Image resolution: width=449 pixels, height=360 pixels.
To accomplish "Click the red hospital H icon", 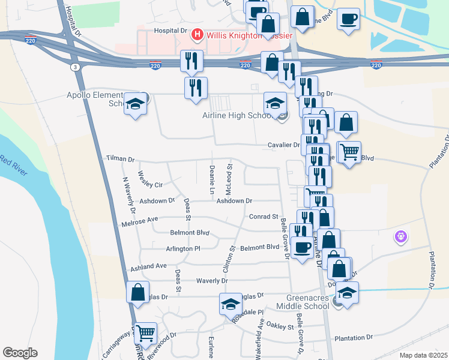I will pos(196,35).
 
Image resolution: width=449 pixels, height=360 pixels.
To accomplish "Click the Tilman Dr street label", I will pos(120,159).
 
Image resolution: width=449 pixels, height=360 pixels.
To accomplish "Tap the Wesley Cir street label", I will pos(150,179).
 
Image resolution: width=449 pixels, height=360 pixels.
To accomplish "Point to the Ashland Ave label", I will pos(152,266).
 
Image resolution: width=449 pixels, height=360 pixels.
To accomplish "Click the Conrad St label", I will pos(264,217).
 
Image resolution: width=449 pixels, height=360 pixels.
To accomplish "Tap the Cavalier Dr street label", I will pos(283,145).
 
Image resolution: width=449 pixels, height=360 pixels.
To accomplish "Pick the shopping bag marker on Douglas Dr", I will pos(138,293).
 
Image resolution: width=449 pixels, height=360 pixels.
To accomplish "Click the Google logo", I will pos(20,353).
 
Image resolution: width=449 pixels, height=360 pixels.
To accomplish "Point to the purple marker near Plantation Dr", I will pos(401,237).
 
